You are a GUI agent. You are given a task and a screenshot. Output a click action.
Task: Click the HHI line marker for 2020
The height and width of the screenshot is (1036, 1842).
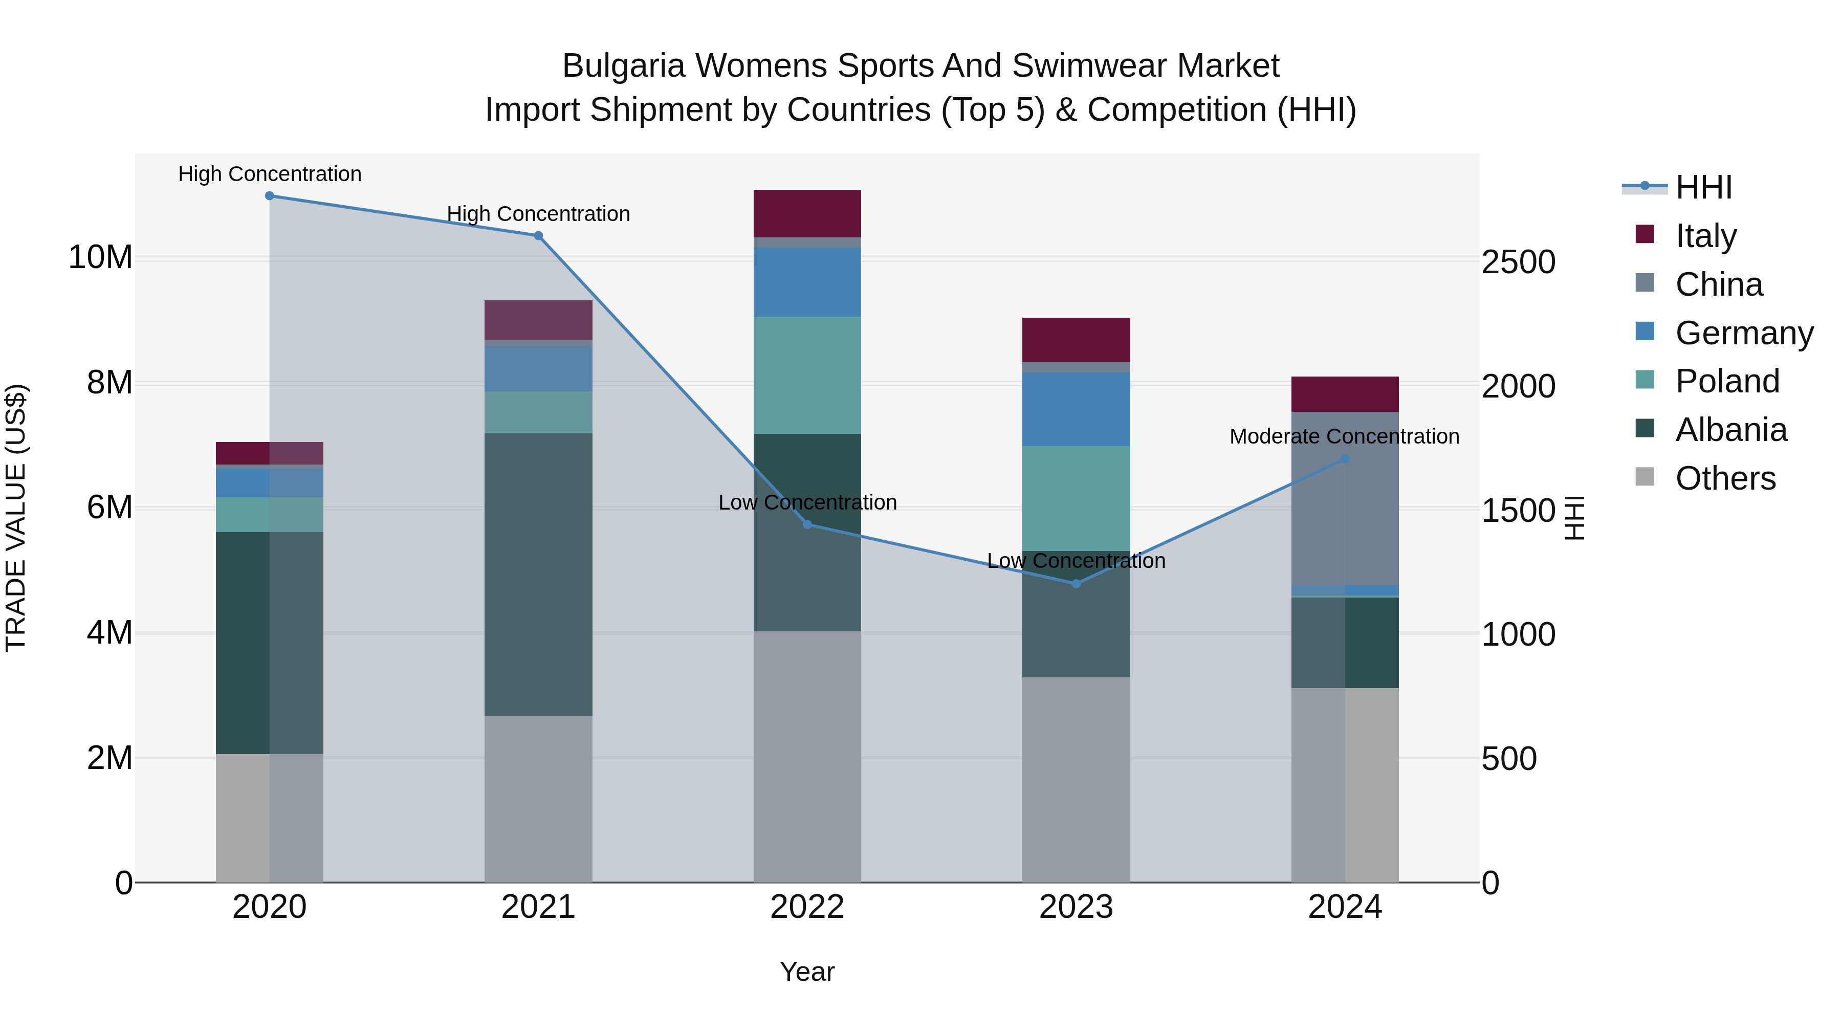tap(270, 196)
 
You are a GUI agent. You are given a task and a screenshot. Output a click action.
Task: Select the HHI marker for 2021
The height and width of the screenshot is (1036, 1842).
tap(538, 236)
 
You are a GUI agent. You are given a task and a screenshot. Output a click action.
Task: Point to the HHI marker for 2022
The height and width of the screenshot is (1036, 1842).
tap(807, 525)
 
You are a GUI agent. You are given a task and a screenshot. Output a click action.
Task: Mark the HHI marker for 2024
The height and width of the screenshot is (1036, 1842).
tap(1345, 459)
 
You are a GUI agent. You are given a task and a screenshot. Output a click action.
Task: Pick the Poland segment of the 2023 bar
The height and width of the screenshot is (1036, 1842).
tap(1076, 498)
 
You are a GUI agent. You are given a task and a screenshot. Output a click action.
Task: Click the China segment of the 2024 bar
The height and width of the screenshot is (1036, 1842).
tap(1345, 498)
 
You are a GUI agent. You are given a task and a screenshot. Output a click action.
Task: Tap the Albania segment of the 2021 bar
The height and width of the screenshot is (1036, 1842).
tap(538, 574)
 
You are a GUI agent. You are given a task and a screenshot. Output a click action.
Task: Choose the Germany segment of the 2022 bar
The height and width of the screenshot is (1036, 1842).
tap(807, 282)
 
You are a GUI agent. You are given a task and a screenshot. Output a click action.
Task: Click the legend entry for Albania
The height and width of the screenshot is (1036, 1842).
tap(1730, 430)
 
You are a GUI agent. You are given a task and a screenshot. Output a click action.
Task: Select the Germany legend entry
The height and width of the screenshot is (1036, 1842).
tap(1743, 333)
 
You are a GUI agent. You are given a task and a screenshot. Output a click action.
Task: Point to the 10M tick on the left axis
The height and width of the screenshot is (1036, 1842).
tap(100, 257)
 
